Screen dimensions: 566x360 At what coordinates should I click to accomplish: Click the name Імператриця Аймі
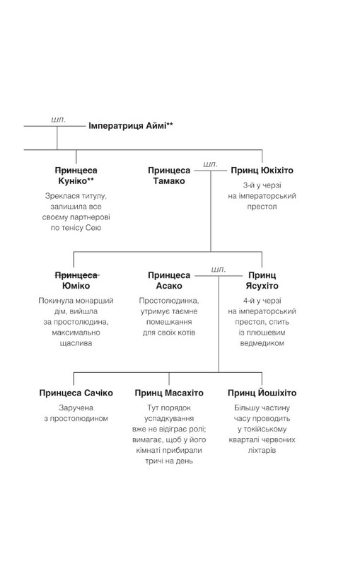click(x=131, y=126)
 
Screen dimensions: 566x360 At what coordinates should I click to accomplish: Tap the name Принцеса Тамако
click(x=168, y=176)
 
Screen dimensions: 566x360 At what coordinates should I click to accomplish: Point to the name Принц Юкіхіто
click(x=262, y=171)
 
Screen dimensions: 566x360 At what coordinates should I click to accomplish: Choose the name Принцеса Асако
click(x=168, y=279)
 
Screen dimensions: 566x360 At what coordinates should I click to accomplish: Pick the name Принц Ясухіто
click(x=262, y=279)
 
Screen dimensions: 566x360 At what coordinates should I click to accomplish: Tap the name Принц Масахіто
click(x=168, y=393)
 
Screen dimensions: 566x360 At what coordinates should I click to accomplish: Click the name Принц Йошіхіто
click(x=262, y=393)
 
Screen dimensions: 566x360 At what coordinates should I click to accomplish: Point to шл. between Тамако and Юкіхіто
click(x=210, y=164)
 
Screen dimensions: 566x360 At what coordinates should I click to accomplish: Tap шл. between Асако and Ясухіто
click(x=218, y=269)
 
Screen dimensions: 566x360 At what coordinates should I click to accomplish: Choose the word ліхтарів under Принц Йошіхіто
click(x=262, y=451)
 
